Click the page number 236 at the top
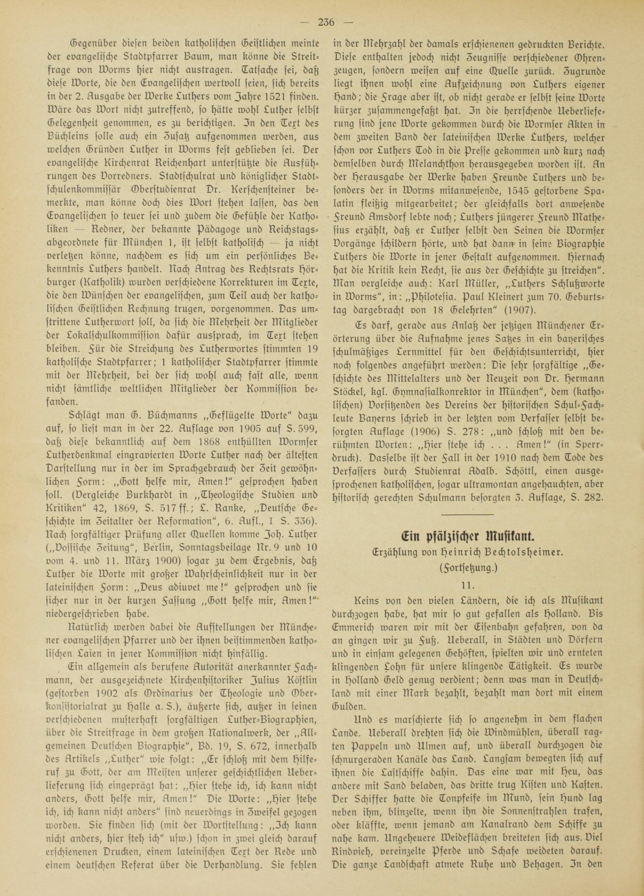(326, 23)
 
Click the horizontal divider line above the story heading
(468, 514)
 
